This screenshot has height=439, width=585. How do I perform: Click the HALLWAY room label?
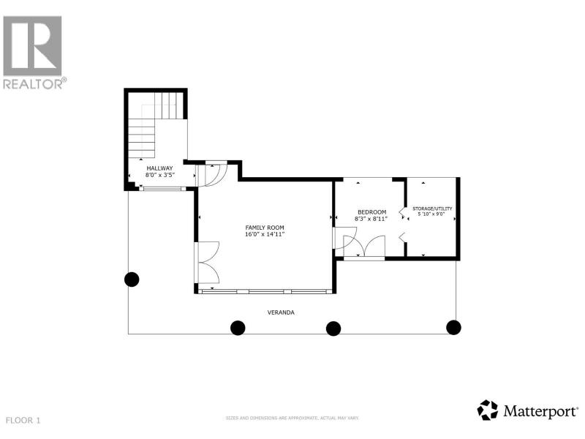(x=159, y=168)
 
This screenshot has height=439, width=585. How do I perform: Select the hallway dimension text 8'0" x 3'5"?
(x=160, y=175)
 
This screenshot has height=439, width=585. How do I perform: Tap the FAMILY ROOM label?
(x=265, y=228)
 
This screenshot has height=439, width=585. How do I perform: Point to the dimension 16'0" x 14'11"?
(x=265, y=234)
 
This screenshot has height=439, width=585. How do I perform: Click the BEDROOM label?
(x=372, y=212)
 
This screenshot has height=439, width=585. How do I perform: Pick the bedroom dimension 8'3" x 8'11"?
(x=371, y=219)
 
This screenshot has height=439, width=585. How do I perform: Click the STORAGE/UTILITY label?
(x=432, y=209)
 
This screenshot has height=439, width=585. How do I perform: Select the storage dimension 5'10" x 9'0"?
(x=431, y=214)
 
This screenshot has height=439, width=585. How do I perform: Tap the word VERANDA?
(x=281, y=312)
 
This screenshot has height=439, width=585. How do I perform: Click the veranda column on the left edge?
(x=132, y=279)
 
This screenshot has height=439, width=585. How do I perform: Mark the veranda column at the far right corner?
(x=453, y=327)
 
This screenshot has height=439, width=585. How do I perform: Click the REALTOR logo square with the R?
(x=32, y=46)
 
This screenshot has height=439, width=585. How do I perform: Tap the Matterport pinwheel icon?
(x=488, y=410)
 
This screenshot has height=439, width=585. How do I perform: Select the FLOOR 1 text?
(x=23, y=420)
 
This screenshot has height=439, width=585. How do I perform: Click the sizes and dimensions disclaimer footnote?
(x=292, y=418)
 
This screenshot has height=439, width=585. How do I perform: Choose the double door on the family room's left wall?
(x=206, y=263)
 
